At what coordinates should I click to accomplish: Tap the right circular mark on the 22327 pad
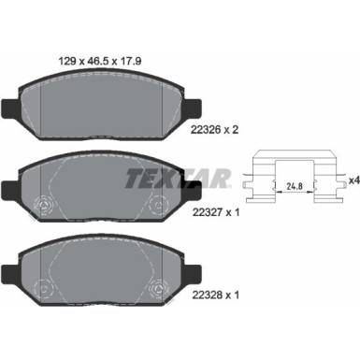coord(155,208)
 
